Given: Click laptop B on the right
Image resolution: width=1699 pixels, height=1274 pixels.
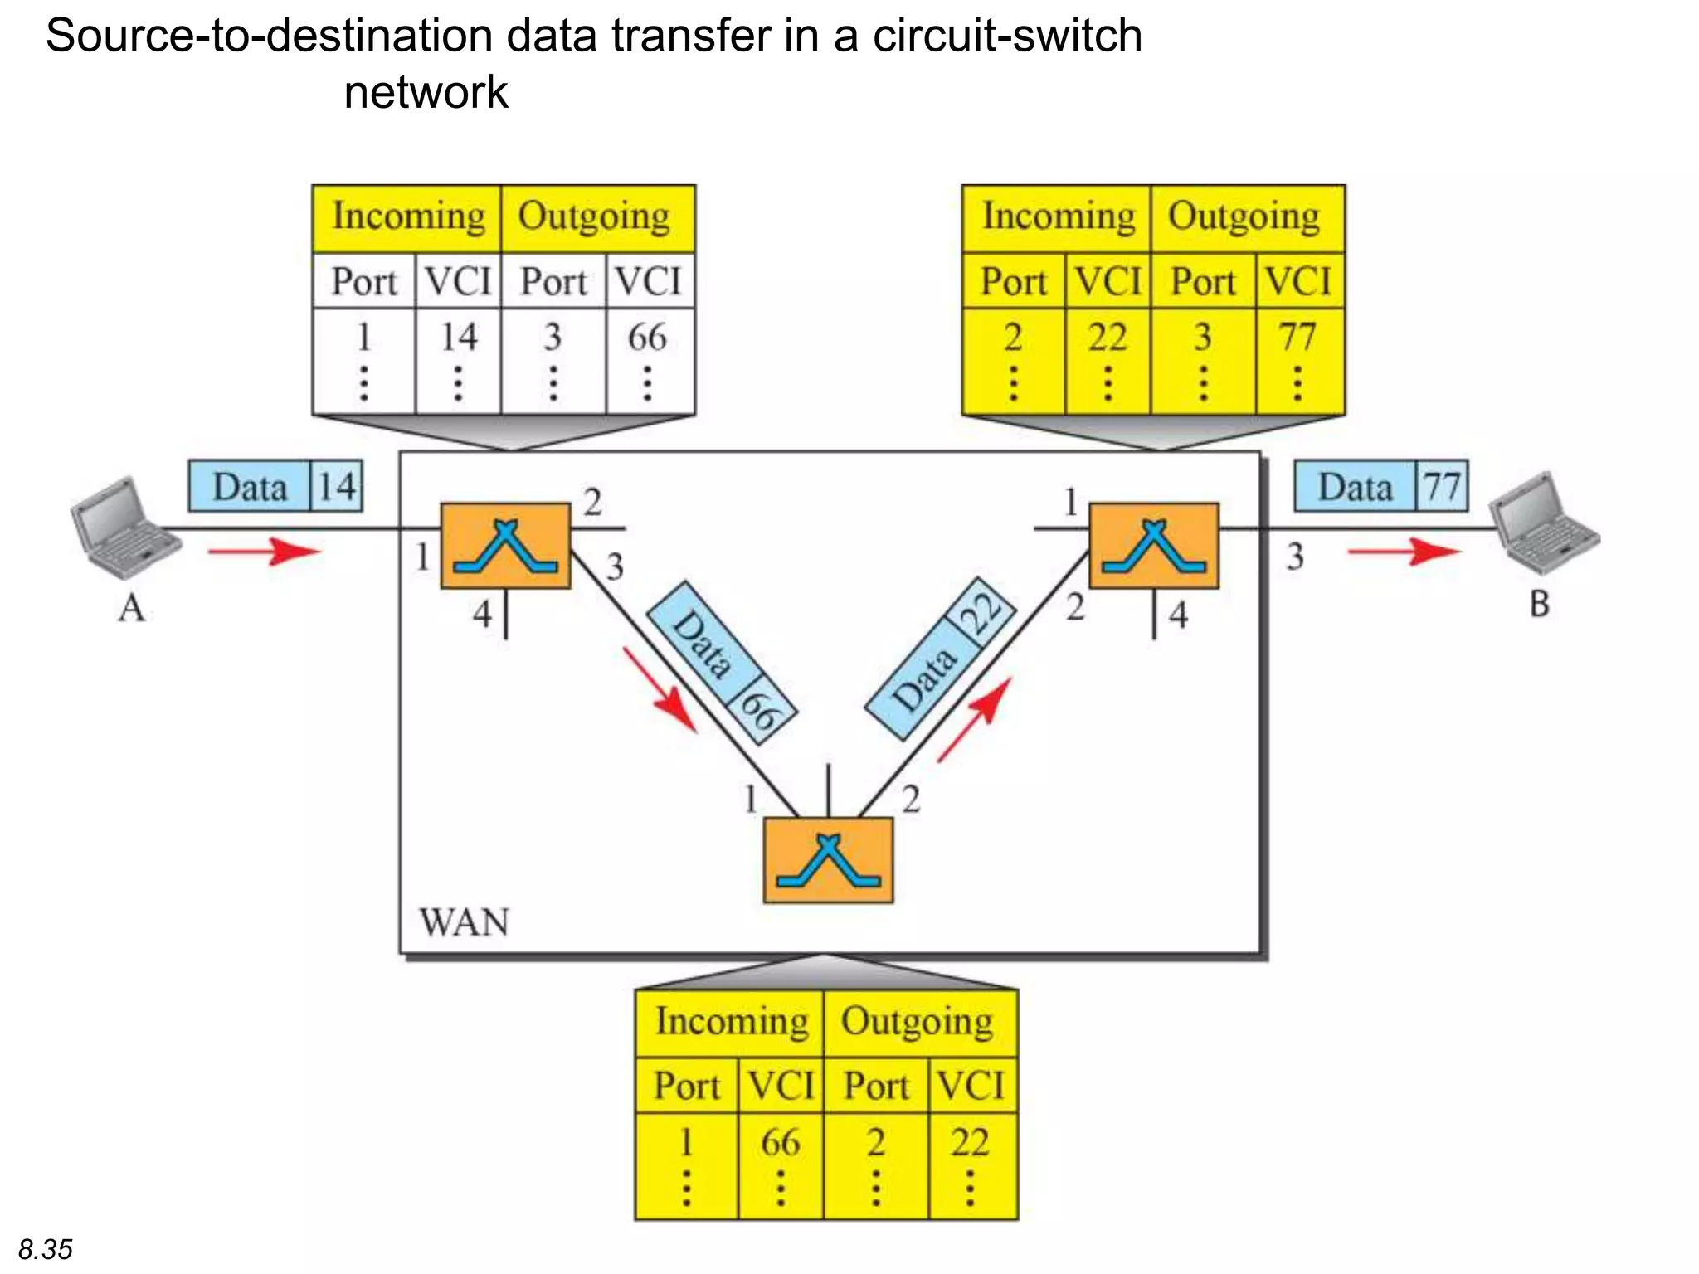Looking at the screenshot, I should pyautogui.click(x=1545, y=523).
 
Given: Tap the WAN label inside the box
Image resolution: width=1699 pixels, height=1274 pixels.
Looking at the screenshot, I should pyautogui.click(x=464, y=922).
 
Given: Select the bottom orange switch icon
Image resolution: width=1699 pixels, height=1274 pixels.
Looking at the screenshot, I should pyautogui.click(x=828, y=860).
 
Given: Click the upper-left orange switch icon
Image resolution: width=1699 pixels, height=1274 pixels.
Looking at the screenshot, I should pyautogui.click(x=505, y=545).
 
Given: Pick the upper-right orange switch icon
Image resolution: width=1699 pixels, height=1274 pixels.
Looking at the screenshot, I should pyautogui.click(x=1153, y=545).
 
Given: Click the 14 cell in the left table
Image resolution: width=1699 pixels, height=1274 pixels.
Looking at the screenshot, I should pyautogui.click(x=459, y=338).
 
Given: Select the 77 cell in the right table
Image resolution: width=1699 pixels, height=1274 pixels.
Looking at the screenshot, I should pyautogui.click(x=1298, y=338).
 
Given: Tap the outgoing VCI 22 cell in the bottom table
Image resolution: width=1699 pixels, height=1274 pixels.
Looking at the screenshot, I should pyautogui.click(x=971, y=1143).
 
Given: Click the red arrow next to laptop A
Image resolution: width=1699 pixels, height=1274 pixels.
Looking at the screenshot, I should pyautogui.click(x=264, y=551).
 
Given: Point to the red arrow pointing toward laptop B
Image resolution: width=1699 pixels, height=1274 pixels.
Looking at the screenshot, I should pyautogui.click(x=1404, y=551).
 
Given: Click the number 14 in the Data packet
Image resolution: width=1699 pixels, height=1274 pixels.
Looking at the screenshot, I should pyautogui.click(x=337, y=486).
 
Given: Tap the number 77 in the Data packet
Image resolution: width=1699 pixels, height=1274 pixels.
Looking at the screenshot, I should pyautogui.click(x=1442, y=486).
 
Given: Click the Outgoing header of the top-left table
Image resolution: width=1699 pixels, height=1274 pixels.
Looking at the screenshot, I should pyautogui.click(x=595, y=217).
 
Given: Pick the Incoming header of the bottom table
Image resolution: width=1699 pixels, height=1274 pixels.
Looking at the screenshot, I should pyautogui.click(x=732, y=1022).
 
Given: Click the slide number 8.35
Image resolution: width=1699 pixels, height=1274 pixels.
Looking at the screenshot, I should pyautogui.click(x=46, y=1249).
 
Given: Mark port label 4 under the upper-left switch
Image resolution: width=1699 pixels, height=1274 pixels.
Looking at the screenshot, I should pyautogui.click(x=483, y=615).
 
